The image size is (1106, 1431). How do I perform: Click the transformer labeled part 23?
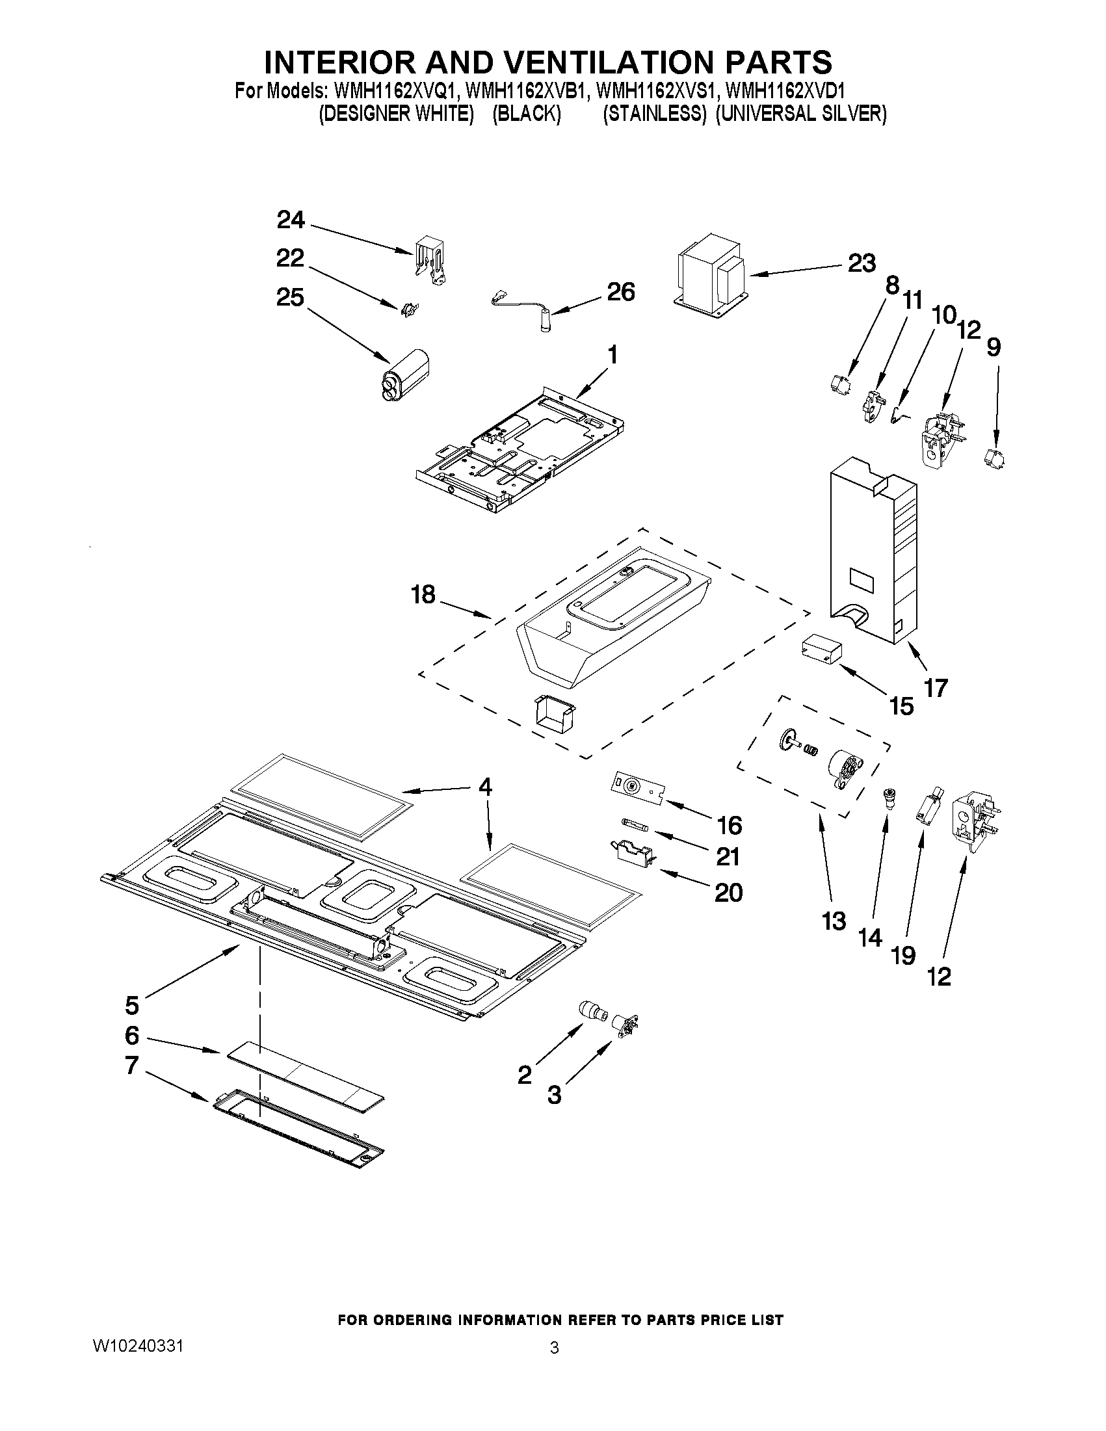(x=711, y=270)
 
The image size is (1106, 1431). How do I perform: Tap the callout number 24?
(x=290, y=220)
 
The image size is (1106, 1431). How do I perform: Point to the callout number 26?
(x=620, y=291)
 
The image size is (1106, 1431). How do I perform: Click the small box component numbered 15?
(x=821, y=650)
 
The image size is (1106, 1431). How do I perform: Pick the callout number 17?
(x=936, y=688)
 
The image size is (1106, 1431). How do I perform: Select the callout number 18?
(x=423, y=594)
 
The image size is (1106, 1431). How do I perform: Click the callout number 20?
(x=728, y=893)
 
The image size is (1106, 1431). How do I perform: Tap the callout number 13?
(x=834, y=921)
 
